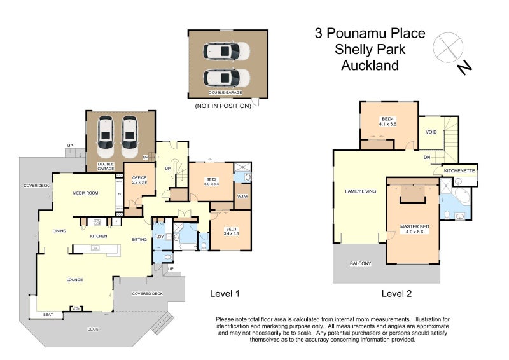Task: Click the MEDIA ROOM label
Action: click(85, 193)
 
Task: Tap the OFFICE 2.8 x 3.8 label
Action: click(139, 180)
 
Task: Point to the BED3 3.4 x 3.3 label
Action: click(231, 232)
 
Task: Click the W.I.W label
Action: click(243, 196)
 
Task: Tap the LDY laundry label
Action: click(160, 237)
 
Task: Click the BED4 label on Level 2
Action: click(388, 121)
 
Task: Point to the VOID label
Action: click(431, 132)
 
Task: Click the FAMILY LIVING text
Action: click(360, 191)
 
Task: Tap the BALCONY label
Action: click(360, 263)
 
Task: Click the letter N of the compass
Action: click(465, 66)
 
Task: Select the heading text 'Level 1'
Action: click(225, 294)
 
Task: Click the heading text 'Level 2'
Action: click(396, 294)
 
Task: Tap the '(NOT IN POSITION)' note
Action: click(223, 106)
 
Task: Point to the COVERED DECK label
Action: click(147, 294)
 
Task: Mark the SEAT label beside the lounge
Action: click(48, 315)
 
